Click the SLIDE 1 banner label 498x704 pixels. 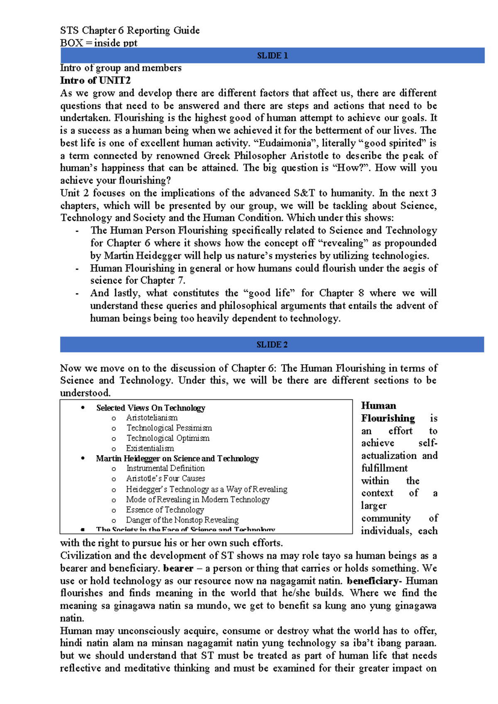[272, 56]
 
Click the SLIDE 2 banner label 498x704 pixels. [272, 345]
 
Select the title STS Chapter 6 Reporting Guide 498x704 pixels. [129, 31]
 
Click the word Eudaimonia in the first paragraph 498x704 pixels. [285, 143]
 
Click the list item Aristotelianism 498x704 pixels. [152, 418]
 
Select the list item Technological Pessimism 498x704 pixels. [169, 428]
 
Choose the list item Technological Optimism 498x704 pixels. [168, 438]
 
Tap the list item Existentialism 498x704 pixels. [150, 449]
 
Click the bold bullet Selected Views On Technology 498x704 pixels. [151, 408]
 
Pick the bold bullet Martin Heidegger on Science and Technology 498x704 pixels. [177, 459]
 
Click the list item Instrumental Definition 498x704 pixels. [165, 469]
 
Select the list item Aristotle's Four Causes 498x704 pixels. [165, 479]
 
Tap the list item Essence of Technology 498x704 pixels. [165, 510]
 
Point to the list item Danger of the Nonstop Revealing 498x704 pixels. [182, 520]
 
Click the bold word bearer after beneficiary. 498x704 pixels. [178, 568]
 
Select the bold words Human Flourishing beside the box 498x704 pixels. [388, 412]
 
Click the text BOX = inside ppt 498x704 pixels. [98, 43]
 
